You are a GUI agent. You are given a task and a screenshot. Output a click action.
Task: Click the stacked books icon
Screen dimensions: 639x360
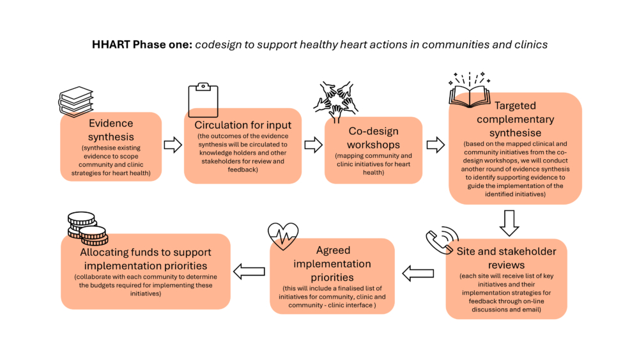[76, 102]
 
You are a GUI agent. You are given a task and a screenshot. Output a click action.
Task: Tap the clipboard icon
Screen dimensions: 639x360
[203, 100]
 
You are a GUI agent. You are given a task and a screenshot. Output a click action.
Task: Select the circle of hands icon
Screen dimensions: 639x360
[336, 102]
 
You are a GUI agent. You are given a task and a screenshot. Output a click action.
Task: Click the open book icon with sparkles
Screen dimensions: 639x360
[470, 90]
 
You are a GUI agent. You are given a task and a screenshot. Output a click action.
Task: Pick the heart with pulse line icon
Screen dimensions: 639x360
[283, 236]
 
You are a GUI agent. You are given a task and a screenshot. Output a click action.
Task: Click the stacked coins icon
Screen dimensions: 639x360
[88, 228]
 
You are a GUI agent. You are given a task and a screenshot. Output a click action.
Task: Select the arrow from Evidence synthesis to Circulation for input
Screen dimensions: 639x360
[173, 145]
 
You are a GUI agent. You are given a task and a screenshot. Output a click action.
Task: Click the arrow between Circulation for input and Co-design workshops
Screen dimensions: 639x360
[313, 145]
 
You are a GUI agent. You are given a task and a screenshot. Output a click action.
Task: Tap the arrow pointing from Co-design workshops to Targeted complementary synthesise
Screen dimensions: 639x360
[436, 145]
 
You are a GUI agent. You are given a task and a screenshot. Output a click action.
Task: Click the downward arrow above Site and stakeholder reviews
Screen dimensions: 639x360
[509, 223]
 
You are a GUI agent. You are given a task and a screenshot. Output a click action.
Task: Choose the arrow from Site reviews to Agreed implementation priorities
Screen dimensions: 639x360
[418, 273]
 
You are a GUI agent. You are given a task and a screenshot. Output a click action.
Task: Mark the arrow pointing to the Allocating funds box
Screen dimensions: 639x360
[249, 272]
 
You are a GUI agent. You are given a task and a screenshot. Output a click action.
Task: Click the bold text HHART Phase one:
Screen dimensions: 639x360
[142, 44]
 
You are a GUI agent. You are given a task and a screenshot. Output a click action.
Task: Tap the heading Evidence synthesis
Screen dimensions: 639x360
[111, 130]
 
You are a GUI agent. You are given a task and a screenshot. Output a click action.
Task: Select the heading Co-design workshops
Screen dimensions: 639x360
[373, 138]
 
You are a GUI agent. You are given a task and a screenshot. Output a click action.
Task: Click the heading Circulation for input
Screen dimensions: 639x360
[243, 125]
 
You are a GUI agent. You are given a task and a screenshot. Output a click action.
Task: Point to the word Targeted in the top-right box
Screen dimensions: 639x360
[515, 106]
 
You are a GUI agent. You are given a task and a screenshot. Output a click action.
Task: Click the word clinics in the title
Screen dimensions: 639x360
[532, 44]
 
